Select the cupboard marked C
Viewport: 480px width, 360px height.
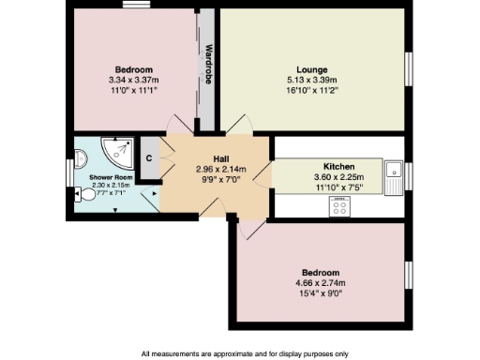pos(147,157)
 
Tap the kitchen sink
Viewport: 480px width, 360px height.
pos(397,172)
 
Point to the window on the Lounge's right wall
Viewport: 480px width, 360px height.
pos(409,73)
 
